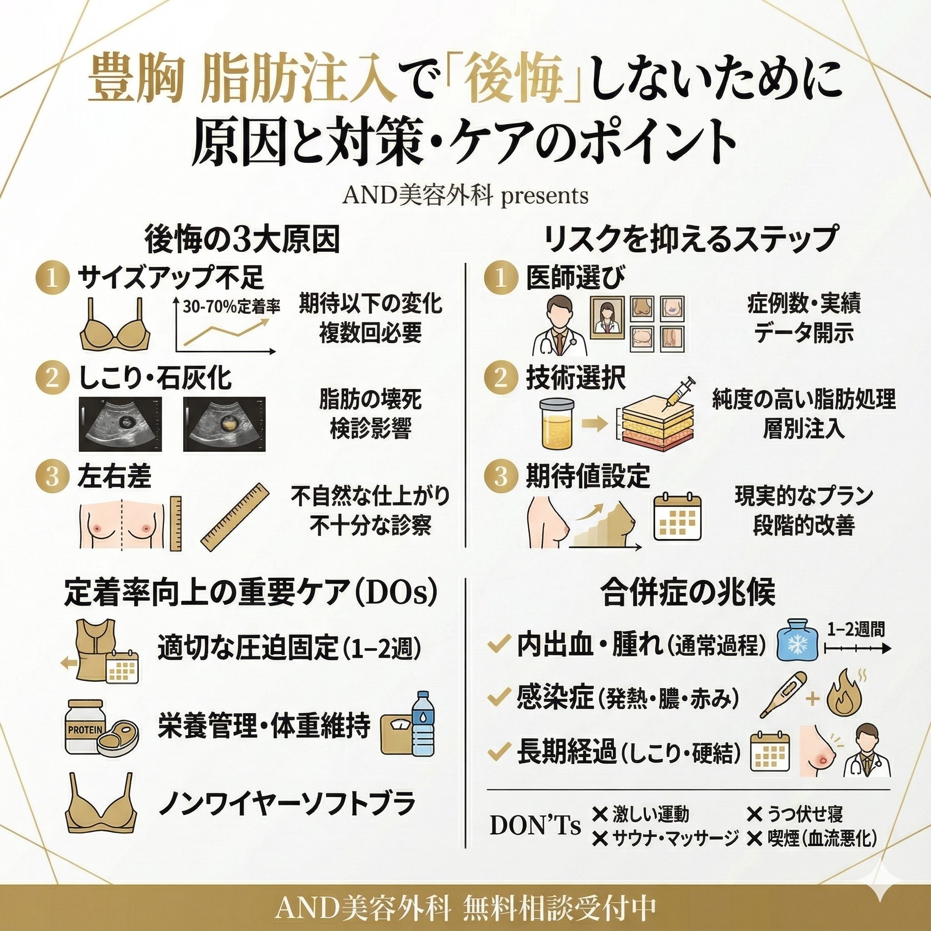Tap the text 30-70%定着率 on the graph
pos(231,307)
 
